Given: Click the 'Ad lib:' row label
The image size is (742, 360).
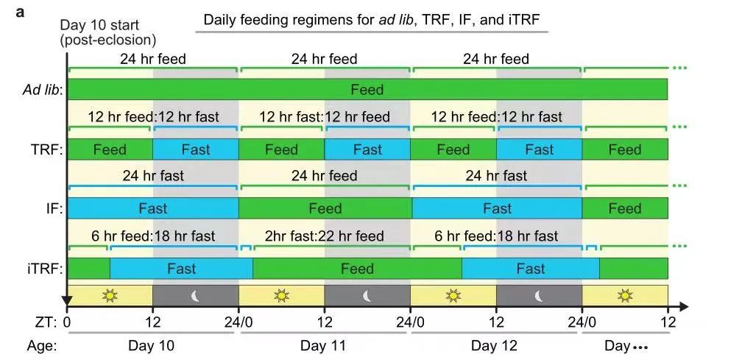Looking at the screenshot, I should (x=42, y=91).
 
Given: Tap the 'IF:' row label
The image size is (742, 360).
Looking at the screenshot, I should (x=52, y=208).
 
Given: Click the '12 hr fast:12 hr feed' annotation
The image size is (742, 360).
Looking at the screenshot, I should (x=325, y=117).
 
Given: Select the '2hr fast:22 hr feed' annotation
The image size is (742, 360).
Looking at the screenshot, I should (x=325, y=236).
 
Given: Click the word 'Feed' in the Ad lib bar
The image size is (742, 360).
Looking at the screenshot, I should (x=367, y=90).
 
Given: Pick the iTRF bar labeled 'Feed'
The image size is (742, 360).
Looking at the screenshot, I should (x=357, y=269).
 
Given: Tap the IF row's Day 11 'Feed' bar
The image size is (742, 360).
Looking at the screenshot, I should (x=325, y=208).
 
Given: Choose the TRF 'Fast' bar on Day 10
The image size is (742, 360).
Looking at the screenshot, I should (x=196, y=149).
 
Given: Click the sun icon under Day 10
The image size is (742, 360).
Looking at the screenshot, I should (x=110, y=296).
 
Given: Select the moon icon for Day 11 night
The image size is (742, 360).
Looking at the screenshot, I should (x=367, y=296).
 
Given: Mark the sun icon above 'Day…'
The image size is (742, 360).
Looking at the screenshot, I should (x=625, y=296).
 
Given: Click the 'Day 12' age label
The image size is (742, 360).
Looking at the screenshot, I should (x=495, y=345).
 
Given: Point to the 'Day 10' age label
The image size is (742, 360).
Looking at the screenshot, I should (x=152, y=345).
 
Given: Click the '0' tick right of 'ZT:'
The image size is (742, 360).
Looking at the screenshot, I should (x=68, y=321).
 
